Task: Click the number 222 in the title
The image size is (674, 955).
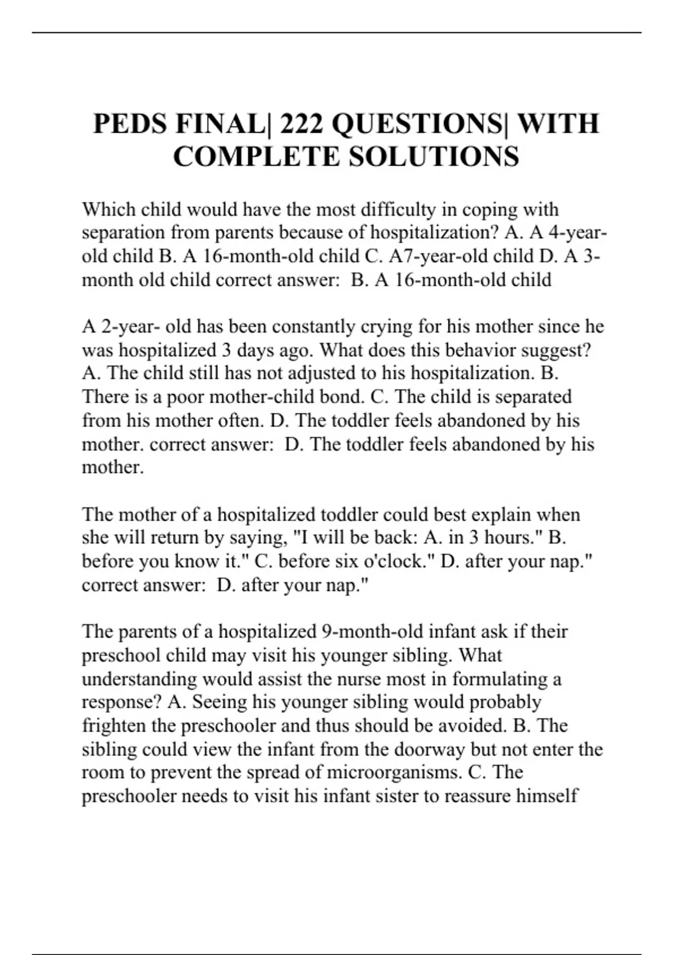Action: (x=301, y=124)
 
